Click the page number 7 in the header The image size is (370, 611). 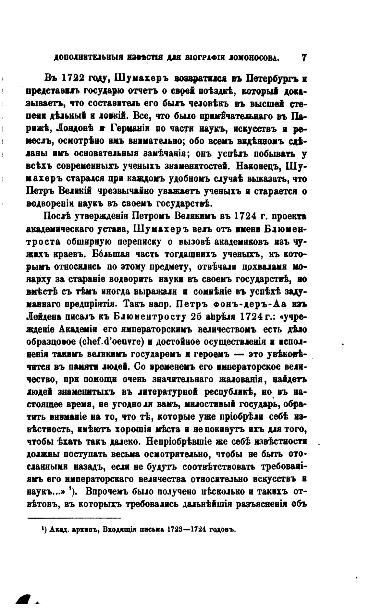tap(304, 57)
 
